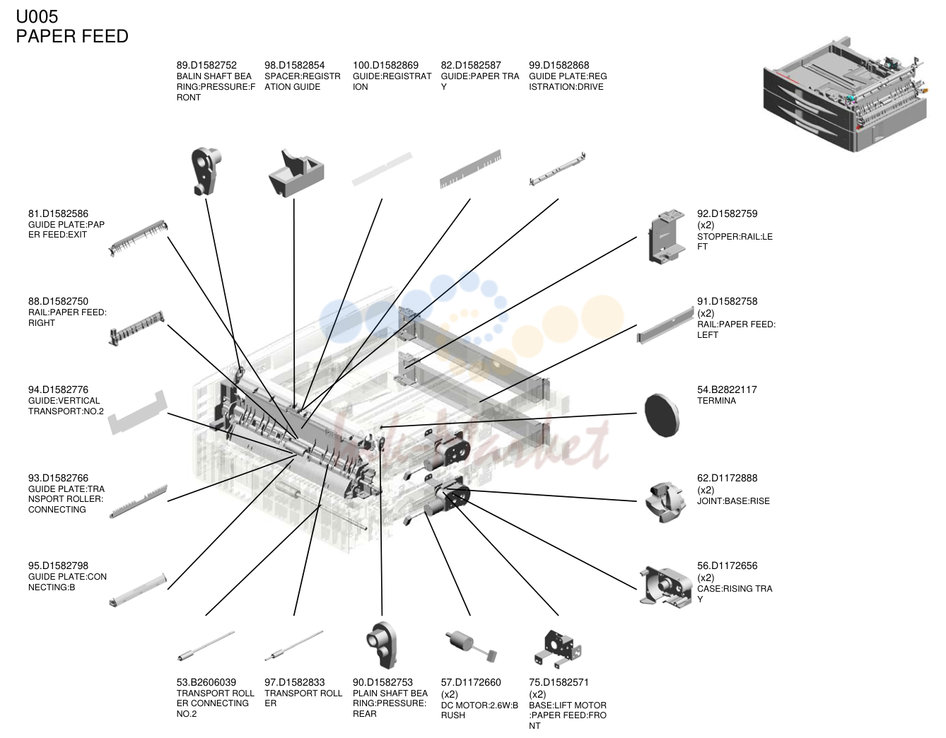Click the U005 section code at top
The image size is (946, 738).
tap(37, 17)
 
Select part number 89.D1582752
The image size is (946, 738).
tap(206, 65)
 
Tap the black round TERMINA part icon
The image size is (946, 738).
tap(662, 416)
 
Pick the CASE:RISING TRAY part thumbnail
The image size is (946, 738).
tap(665, 587)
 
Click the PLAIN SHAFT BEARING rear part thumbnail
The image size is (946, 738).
tap(382, 645)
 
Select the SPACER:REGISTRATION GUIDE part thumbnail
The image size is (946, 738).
tap(296, 173)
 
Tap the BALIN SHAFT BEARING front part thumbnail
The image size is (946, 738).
tap(206, 171)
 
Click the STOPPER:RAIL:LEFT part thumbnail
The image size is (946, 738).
tap(665, 236)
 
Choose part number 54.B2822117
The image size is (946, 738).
tap(727, 390)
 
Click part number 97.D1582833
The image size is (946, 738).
tap(294, 682)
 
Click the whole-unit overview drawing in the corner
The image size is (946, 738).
tap(846, 95)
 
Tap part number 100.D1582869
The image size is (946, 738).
tap(385, 65)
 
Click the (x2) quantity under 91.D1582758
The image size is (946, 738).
tap(706, 313)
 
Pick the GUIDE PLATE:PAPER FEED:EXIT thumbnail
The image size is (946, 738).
tap(138, 238)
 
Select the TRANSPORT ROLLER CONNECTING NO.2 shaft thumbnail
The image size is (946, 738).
tap(206, 646)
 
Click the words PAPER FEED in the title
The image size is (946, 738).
tap(72, 36)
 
